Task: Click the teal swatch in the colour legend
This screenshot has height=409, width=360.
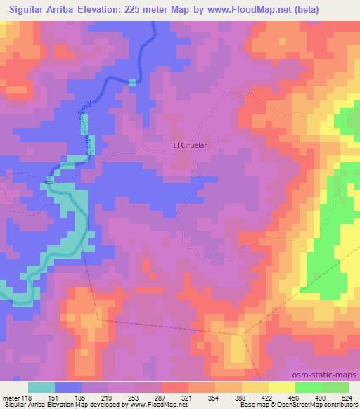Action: pos(41,387)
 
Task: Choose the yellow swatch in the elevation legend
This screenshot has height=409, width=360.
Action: pos(282,387)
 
